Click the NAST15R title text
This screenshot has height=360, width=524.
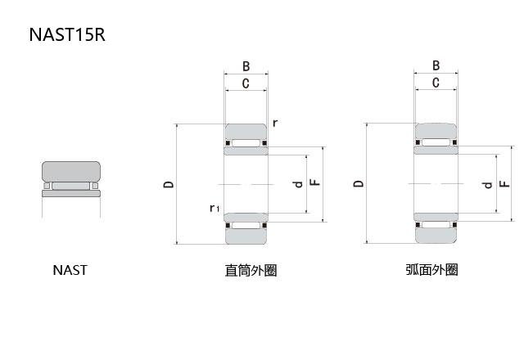click(66, 35)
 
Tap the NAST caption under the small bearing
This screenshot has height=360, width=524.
click(70, 270)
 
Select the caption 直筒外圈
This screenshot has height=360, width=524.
click(251, 270)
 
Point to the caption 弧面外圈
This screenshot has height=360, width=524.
click(431, 270)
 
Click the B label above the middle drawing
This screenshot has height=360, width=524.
click(246, 66)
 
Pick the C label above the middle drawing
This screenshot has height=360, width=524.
click(246, 83)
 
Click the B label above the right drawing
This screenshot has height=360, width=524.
click(436, 65)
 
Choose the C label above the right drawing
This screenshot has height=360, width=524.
click(436, 83)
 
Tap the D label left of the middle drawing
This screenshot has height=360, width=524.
click(168, 185)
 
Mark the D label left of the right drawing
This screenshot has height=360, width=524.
click(358, 184)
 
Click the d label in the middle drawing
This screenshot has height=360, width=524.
click(300, 185)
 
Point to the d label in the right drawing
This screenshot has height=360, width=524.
click(489, 185)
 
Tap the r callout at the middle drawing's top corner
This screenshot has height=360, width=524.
click(275, 123)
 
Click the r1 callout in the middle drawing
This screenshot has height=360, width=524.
click(214, 209)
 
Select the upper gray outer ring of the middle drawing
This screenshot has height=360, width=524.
click(246, 132)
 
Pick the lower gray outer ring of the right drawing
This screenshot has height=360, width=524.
click(436, 234)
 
